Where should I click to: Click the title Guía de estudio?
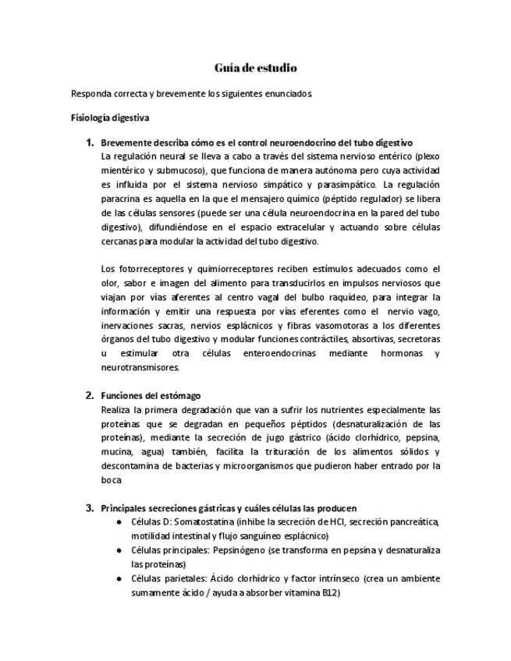255,68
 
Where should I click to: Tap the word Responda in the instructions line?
90,94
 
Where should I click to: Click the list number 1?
90,142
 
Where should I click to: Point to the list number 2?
90,395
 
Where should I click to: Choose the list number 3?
90,508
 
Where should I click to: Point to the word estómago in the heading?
179,395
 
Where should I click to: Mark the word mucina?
117,451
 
